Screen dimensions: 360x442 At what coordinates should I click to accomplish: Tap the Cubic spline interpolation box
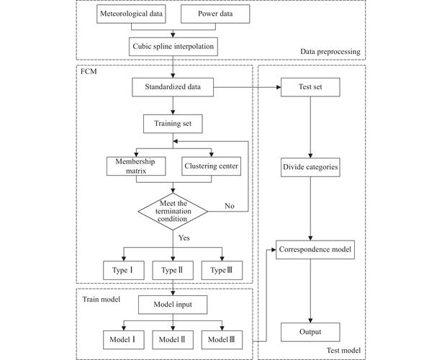[x=173, y=47]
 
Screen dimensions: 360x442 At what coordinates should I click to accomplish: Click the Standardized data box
[x=173, y=89]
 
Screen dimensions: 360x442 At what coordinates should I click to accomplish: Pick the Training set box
[x=173, y=123]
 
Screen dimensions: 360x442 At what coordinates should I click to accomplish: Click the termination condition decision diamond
[x=173, y=210]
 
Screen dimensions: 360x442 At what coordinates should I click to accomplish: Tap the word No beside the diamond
[x=229, y=206]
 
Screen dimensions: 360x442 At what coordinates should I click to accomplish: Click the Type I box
[x=125, y=270]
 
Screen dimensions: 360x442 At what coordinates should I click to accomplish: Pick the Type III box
[x=222, y=270]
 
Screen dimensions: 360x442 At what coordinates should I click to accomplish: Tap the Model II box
[x=173, y=338]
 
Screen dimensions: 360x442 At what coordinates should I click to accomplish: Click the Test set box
[x=310, y=89]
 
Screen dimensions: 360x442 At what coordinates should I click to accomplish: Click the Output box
[x=310, y=332]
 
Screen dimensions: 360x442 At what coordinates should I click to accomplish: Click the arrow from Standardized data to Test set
[x=248, y=89]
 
